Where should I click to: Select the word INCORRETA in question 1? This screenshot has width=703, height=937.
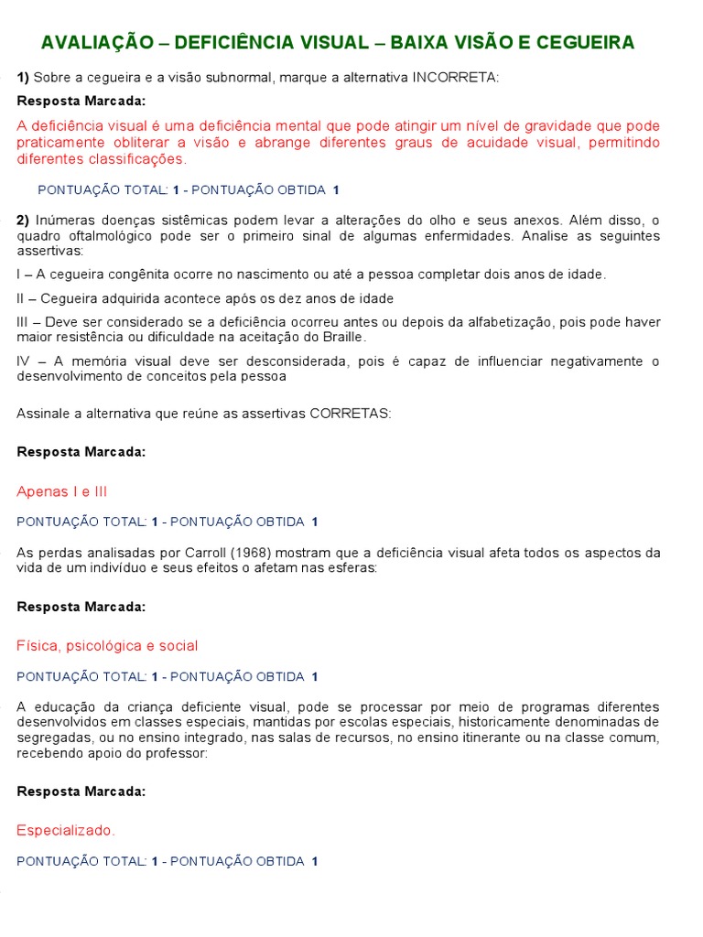point(455,77)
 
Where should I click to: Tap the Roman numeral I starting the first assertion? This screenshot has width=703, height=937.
point(19,275)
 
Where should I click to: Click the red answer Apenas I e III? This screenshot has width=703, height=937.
point(62,491)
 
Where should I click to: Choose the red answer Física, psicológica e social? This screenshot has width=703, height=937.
point(107,646)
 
